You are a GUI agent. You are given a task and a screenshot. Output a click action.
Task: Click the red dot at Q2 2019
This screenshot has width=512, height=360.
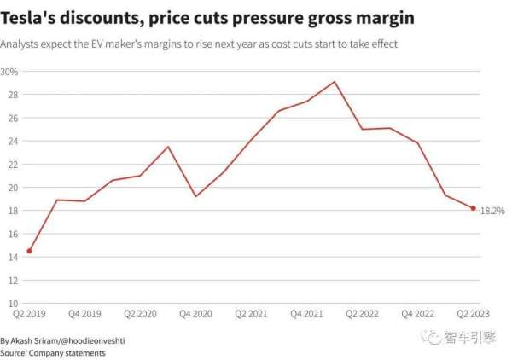(x=30, y=251)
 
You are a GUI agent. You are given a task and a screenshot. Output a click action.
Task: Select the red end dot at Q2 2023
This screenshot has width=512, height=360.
(x=473, y=208)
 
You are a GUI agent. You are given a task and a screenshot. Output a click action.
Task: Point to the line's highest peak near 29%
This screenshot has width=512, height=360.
(x=335, y=82)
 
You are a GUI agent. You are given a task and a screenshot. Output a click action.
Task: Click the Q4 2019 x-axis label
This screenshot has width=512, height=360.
(x=85, y=315)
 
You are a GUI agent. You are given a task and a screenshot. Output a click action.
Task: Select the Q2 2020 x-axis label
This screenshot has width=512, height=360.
(x=140, y=315)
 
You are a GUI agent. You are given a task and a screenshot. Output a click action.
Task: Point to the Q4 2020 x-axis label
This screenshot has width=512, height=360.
(x=195, y=315)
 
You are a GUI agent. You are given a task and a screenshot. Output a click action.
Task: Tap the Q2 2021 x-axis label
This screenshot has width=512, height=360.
(x=251, y=315)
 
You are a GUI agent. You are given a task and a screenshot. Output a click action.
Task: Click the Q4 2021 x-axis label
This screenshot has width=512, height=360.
(x=306, y=315)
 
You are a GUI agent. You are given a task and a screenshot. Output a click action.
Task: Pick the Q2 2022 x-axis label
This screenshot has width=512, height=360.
(x=362, y=315)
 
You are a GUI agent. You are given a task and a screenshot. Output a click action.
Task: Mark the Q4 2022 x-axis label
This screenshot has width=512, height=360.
(x=417, y=315)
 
